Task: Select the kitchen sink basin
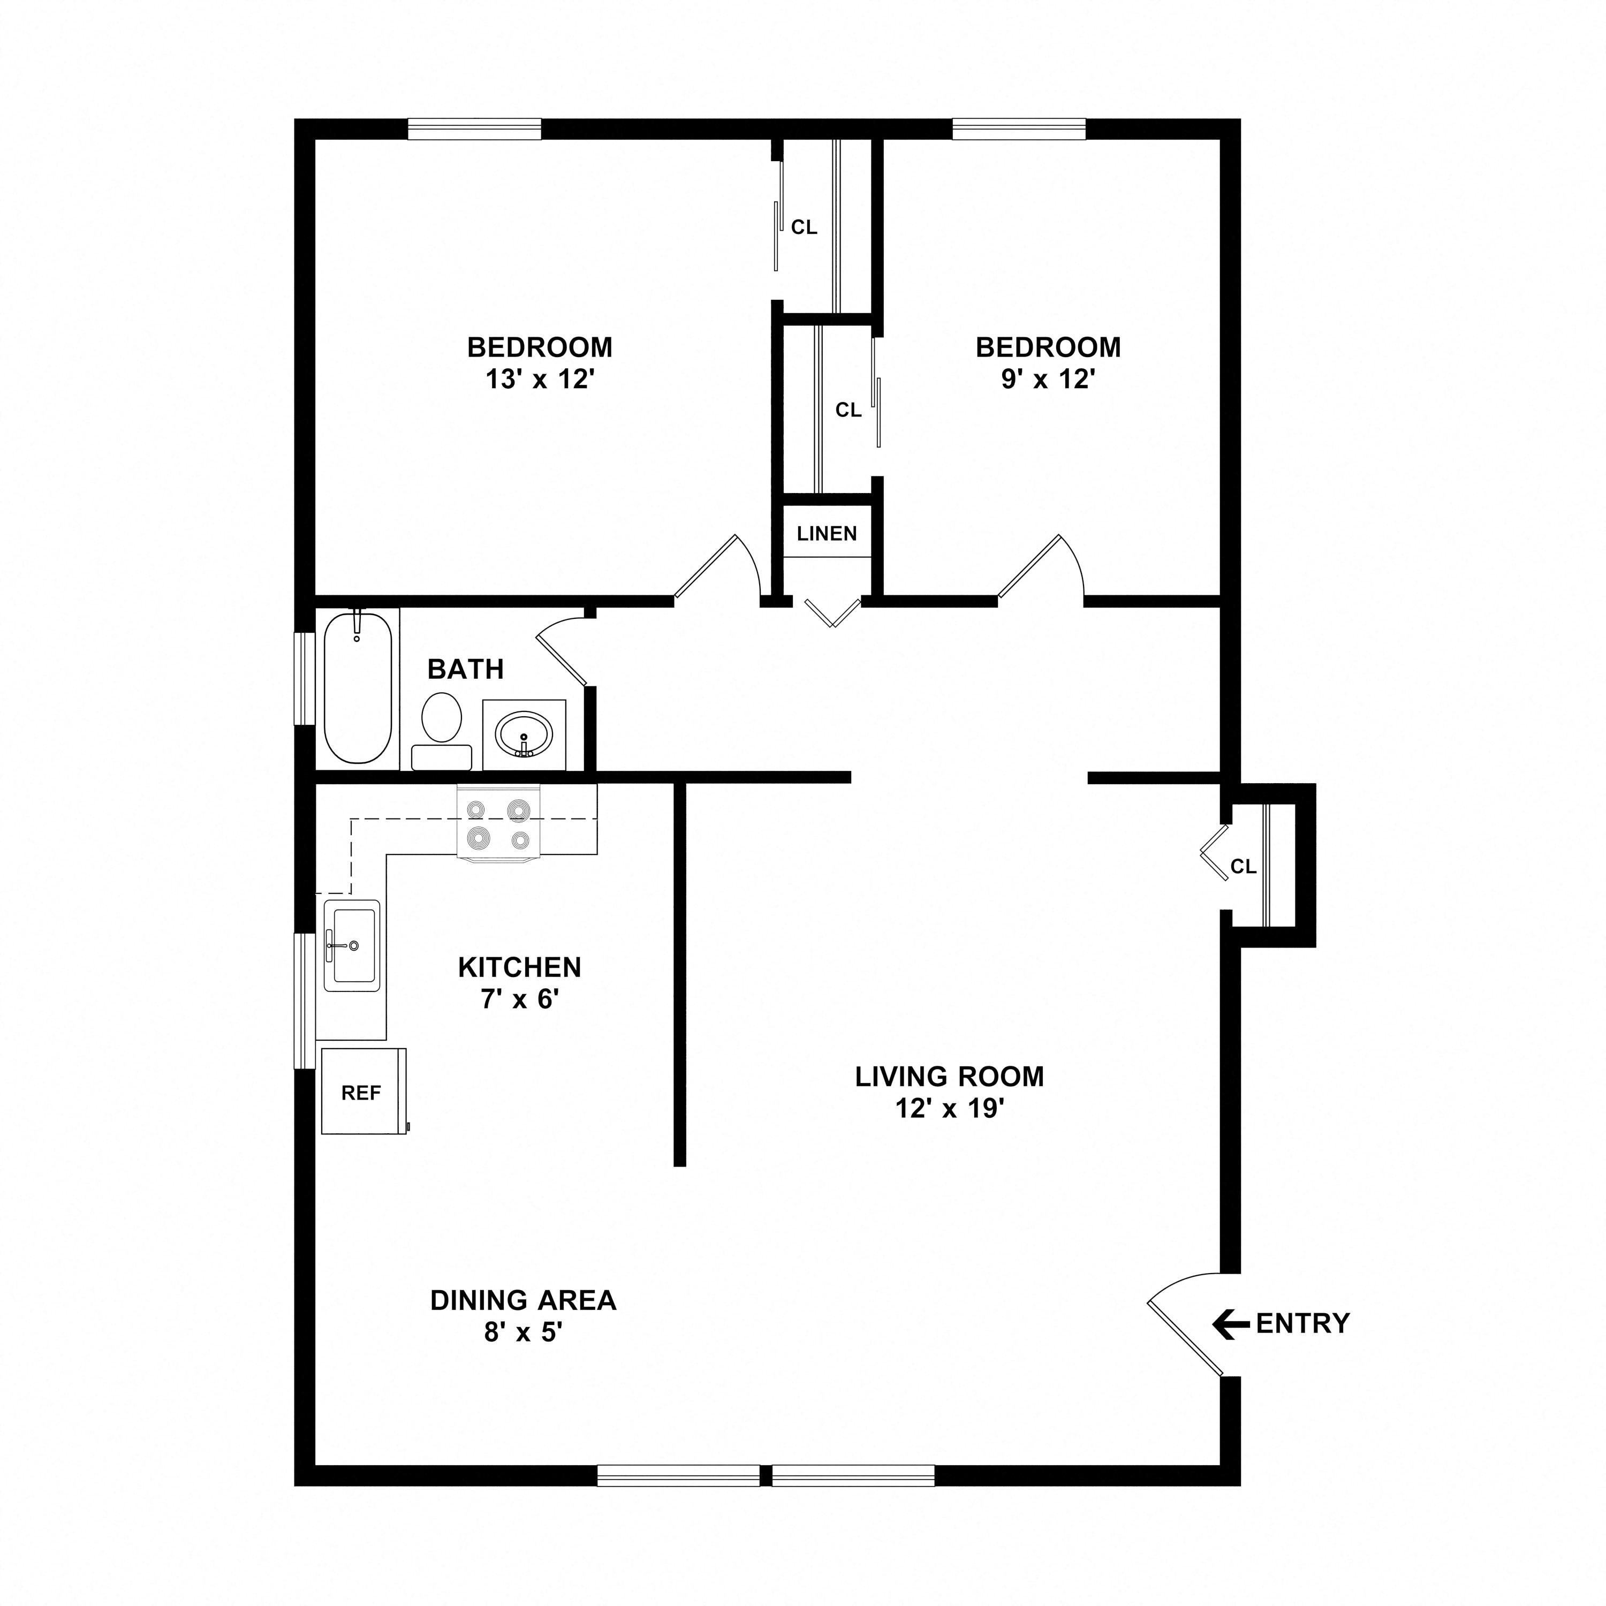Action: point(352,945)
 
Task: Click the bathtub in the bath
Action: point(358,687)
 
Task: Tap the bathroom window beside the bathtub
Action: point(305,679)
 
